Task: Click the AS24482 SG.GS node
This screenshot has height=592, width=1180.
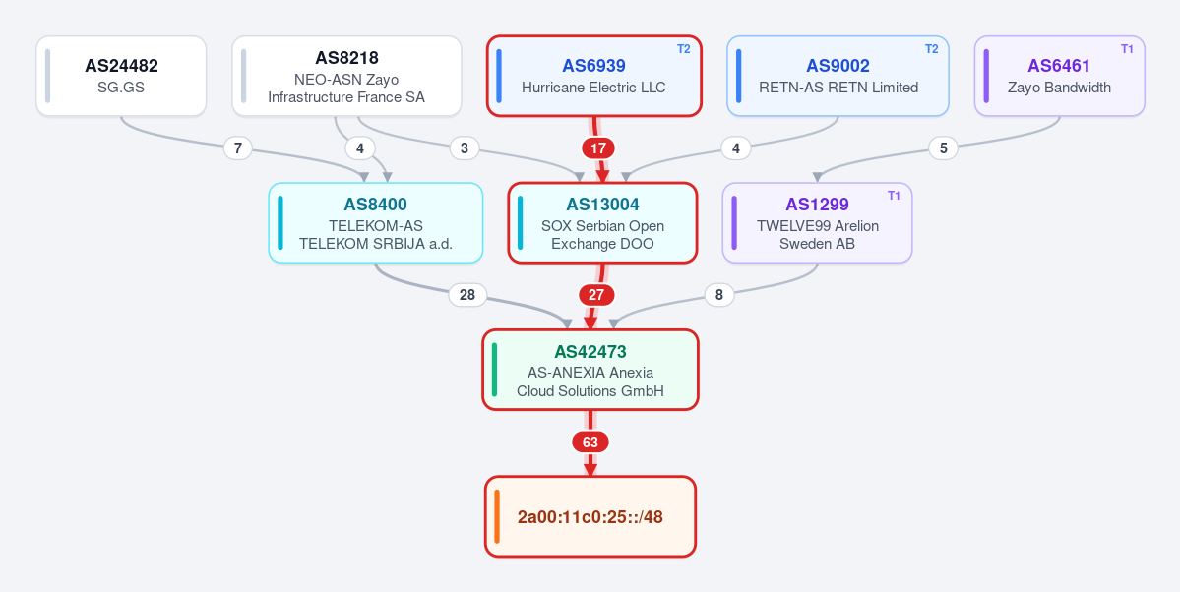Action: (121, 76)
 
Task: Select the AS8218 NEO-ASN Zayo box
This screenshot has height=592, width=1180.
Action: (346, 76)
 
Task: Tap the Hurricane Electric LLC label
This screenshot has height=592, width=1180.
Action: (593, 88)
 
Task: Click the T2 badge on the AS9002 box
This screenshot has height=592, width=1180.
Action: (932, 49)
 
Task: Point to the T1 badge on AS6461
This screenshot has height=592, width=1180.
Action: (1127, 49)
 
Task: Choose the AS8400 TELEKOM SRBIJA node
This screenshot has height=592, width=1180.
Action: (376, 222)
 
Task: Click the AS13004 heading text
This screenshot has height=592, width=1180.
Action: (602, 204)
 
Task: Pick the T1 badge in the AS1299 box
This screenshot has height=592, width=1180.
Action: (894, 196)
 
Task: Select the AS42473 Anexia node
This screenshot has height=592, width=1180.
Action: (590, 370)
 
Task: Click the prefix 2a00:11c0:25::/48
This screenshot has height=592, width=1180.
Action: (590, 517)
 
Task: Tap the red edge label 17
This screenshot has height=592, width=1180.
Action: (598, 148)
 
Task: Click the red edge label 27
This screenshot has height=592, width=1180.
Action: (596, 295)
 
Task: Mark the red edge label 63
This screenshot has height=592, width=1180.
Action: (590, 443)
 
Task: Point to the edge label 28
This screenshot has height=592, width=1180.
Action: (467, 295)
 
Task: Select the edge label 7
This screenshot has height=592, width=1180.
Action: (238, 148)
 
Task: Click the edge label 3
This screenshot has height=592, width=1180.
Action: (465, 148)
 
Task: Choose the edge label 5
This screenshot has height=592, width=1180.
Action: (943, 148)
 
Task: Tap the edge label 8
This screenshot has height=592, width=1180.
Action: (719, 295)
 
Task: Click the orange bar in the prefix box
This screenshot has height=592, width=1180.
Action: (497, 517)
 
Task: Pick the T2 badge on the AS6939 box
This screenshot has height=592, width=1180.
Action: (683, 49)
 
